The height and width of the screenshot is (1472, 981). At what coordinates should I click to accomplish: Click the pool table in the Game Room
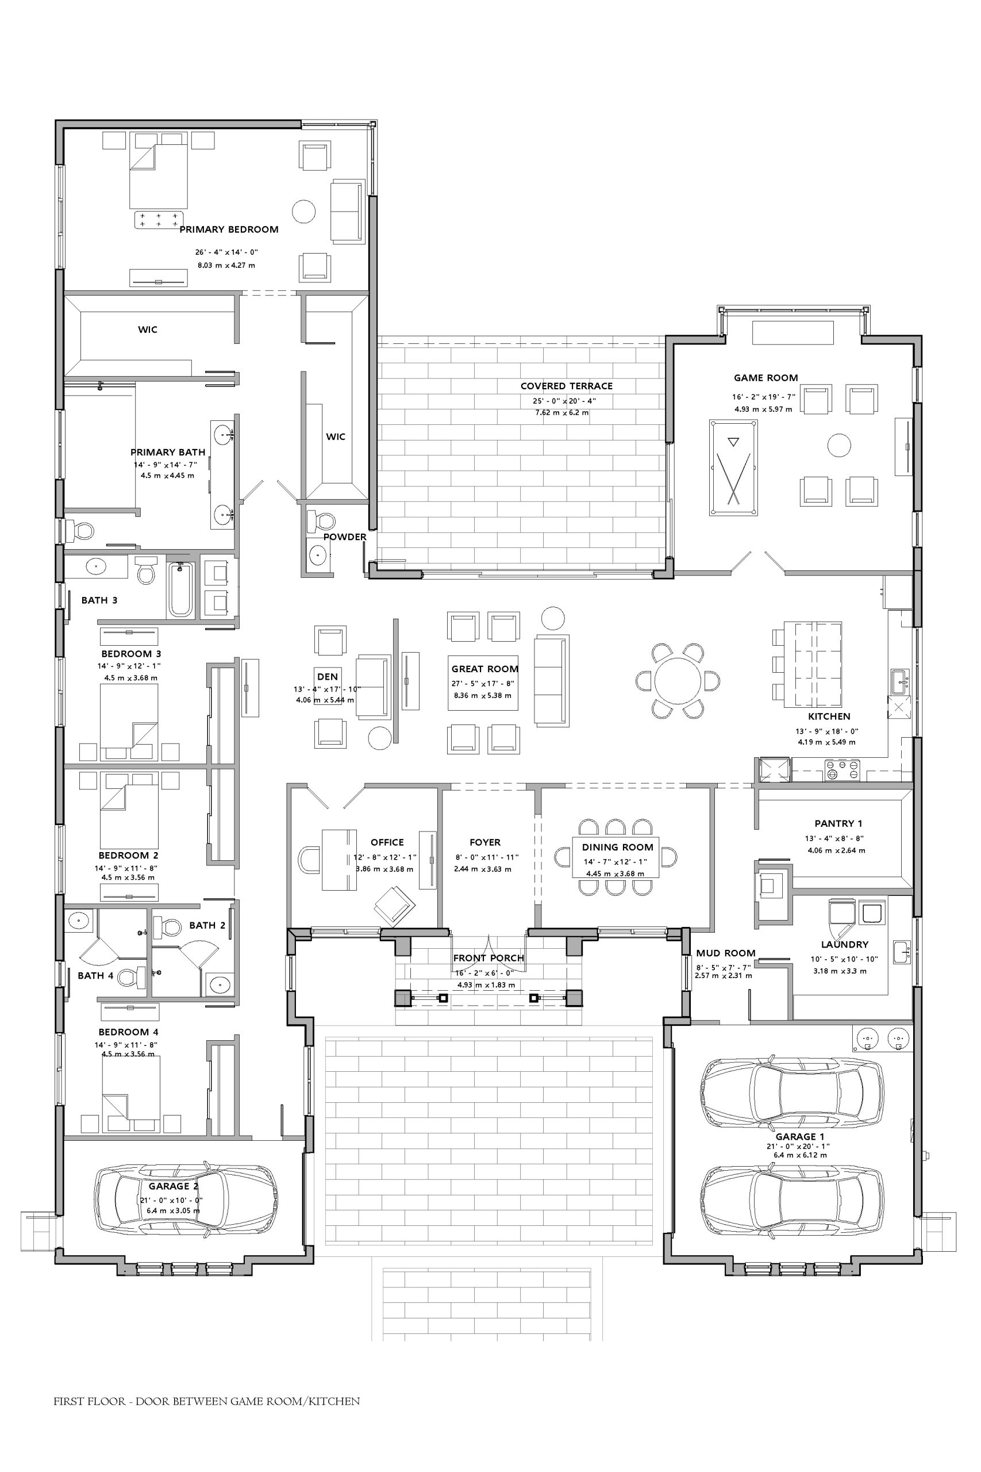click(733, 467)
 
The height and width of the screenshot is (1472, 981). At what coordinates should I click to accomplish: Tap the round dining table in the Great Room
click(678, 680)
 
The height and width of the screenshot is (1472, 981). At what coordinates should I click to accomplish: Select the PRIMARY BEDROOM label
click(229, 229)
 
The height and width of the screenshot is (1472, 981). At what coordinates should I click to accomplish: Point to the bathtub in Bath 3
click(180, 589)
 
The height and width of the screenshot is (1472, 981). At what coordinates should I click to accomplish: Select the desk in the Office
click(339, 858)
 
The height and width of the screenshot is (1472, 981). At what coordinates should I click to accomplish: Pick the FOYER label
click(485, 842)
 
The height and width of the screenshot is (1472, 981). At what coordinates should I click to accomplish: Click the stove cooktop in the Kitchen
click(841, 770)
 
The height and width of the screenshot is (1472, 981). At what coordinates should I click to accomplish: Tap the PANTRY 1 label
click(838, 823)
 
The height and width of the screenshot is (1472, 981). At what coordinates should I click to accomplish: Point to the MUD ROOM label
click(726, 953)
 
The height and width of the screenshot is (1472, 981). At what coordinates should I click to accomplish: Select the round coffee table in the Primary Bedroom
click(304, 211)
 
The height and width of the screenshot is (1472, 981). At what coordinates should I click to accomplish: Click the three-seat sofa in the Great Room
click(551, 680)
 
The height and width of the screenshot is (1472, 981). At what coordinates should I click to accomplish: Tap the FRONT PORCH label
click(488, 958)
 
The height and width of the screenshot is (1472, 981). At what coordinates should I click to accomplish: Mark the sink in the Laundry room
click(902, 951)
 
